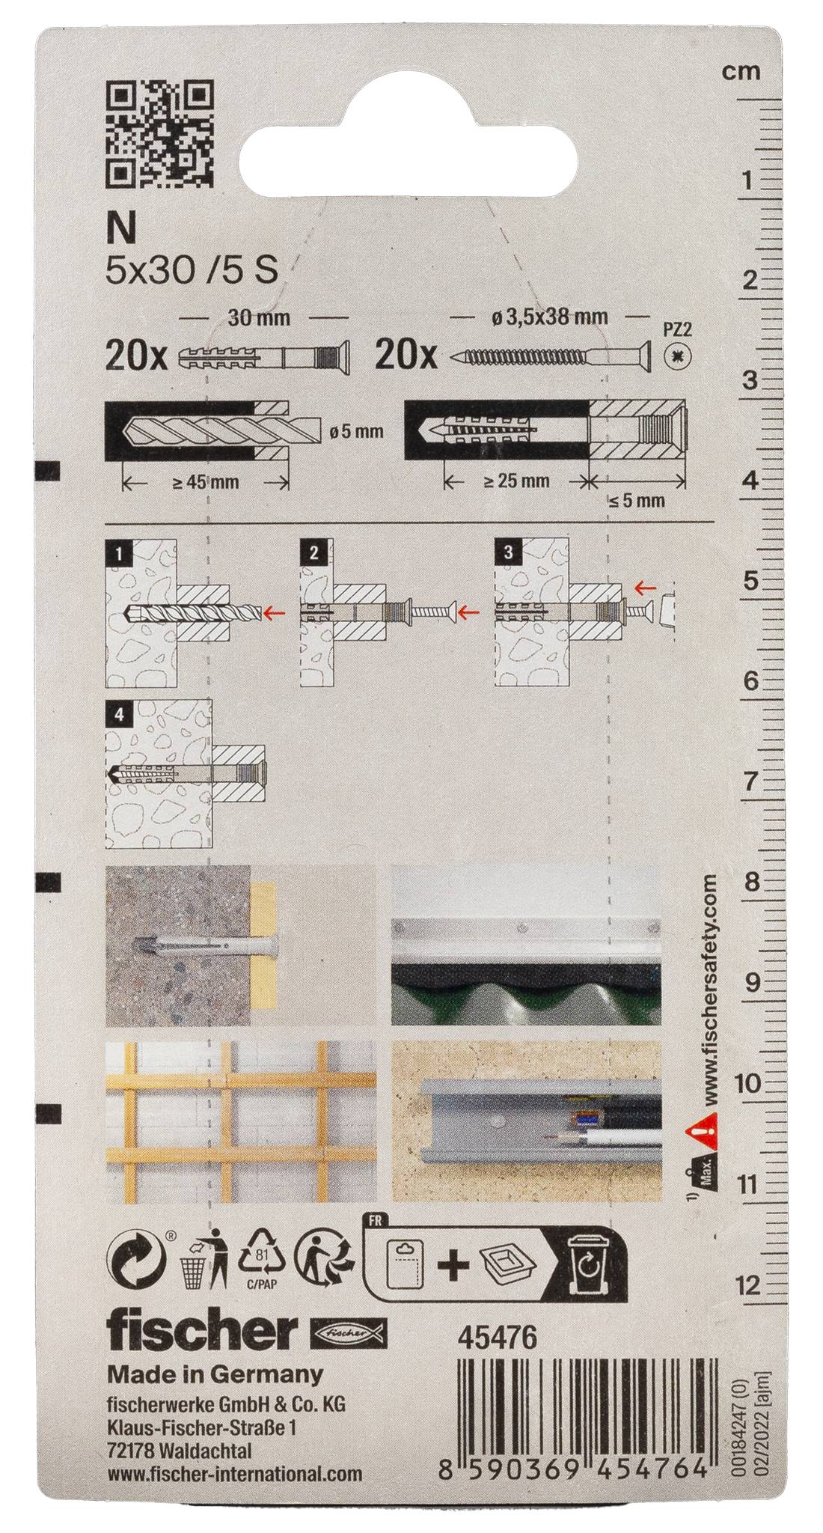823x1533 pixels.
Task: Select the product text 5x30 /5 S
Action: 192,269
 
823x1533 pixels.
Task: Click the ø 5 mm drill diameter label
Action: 356,432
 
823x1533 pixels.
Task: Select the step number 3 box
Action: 509,554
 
